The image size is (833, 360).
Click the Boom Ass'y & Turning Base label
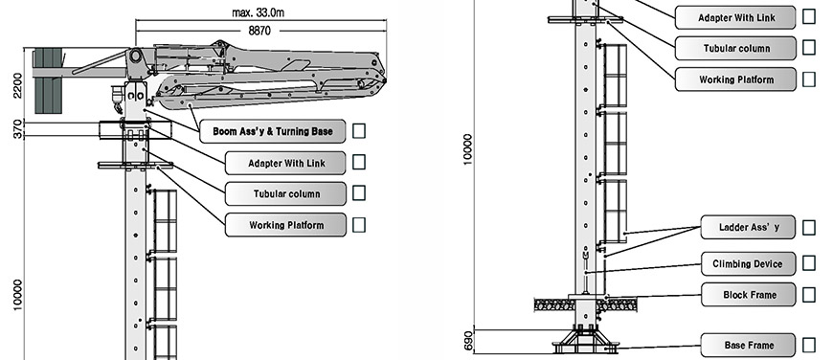coord(273,131)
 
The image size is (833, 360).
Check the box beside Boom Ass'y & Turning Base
coord(359,130)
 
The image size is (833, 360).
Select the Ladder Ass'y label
coord(749,227)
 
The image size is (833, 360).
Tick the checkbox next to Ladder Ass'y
coord(808,227)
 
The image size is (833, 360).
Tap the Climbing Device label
coord(749,264)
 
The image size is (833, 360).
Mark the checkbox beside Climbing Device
coord(808,263)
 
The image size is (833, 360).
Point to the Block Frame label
coord(749,295)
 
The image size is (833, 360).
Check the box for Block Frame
coord(808,295)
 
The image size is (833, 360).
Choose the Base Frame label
coord(749,345)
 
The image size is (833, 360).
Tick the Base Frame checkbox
coord(808,345)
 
